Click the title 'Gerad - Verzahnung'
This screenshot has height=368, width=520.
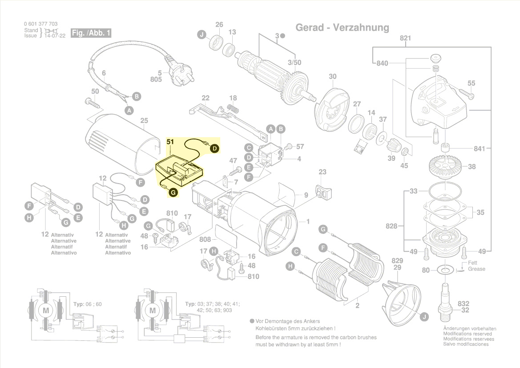click(342, 28)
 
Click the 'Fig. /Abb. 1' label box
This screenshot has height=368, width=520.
click(91, 33)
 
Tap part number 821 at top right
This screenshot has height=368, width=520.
click(405, 38)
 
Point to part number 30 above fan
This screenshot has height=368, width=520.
click(333, 77)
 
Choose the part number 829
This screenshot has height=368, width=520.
click(397, 261)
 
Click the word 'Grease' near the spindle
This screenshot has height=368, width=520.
click(476, 269)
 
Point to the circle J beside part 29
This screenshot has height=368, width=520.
click(424, 317)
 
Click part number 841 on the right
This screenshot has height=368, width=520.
click(479, 148)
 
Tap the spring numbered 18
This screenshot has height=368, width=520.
click(233, 108)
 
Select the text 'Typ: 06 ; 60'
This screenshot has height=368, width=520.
click(87, 304)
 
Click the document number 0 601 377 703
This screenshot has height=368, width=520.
click(40, 24)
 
